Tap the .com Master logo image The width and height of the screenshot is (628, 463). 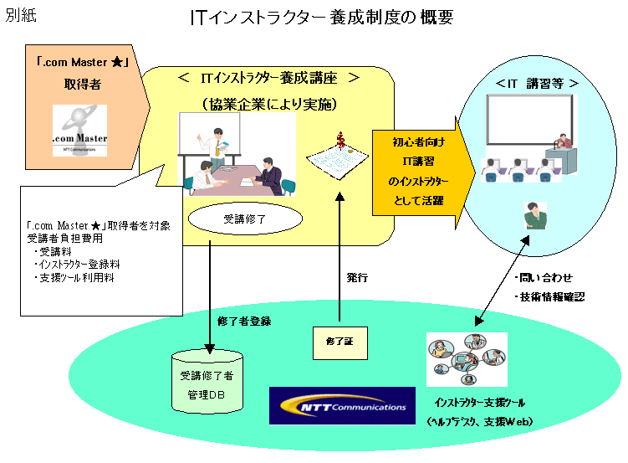pos(79,131)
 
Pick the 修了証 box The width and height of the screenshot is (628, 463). pos(340,341)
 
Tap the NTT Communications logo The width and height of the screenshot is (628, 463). pos(342,406)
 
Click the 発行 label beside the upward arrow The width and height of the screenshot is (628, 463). pos(357,276)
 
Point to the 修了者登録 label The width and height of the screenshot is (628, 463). pos(243,321)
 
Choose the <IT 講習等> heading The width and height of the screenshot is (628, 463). pos(530,84)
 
